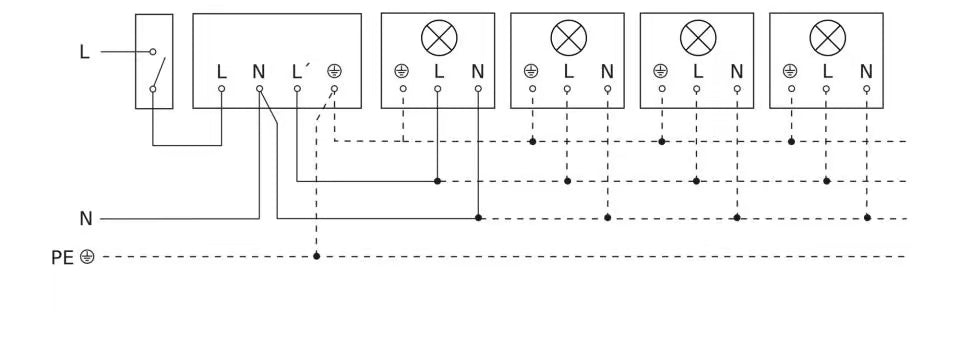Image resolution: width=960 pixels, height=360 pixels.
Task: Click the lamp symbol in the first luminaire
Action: [438, 38]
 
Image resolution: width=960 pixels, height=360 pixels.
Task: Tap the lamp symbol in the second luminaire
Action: [568, 38]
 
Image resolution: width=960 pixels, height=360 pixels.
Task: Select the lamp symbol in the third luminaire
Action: [698, 38]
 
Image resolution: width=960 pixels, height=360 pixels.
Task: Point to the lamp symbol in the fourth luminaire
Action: [827, 38]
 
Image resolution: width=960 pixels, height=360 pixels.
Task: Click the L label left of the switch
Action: [84, 51]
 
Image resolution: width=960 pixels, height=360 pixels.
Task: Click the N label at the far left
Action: [86, 218]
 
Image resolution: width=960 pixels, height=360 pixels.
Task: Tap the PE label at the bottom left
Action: [62, 257]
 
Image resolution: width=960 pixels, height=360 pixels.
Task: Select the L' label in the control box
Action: [299, 71]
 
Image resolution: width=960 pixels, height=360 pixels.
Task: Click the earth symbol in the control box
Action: [335, 71]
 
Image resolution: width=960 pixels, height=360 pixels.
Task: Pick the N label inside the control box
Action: [259, 71]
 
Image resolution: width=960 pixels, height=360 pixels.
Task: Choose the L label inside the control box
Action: [222, 71]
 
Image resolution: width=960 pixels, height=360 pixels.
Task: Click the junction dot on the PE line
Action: [316, 256]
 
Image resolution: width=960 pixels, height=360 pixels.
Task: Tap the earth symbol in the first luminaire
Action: [402, 71]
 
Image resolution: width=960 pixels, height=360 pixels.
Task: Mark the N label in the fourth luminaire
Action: [866, 71]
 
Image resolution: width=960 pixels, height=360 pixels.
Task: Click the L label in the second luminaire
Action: [568, 71]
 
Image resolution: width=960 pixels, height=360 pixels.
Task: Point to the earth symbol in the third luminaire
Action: [660, 71]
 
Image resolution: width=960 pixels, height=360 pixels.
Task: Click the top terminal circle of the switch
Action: [153, 51]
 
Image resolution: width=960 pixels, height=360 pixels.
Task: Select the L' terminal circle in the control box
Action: [297, 88]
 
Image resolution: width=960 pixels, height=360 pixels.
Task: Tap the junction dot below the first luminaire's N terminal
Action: [479, 217]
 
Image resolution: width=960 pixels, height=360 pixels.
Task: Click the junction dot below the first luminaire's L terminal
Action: [438, 181]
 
